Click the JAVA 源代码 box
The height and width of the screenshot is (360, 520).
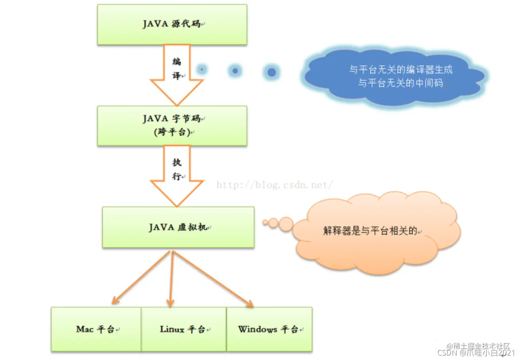tap(172, 24)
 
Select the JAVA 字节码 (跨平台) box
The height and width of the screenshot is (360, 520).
tap(172, 125)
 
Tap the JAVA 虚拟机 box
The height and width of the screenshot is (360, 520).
tap(178, 227)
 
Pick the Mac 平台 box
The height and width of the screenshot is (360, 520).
tap(96, 329)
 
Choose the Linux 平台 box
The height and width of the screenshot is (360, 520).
tap(183, 329)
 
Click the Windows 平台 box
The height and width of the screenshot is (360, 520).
tap(269, 329)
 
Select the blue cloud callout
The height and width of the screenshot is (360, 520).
tap(394, 77)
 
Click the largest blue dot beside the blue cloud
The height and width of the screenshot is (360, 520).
tap(272, 72)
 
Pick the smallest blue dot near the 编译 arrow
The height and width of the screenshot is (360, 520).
tap(202, 70)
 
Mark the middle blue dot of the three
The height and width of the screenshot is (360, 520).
tap(235, 71)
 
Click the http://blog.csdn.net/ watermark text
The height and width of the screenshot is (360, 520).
tap(275, 185)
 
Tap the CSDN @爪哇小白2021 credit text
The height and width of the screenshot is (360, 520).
tap(476, 353)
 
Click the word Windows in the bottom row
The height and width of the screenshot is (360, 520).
tap(258, 329)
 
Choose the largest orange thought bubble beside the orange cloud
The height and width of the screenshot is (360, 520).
tap(286, 224)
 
